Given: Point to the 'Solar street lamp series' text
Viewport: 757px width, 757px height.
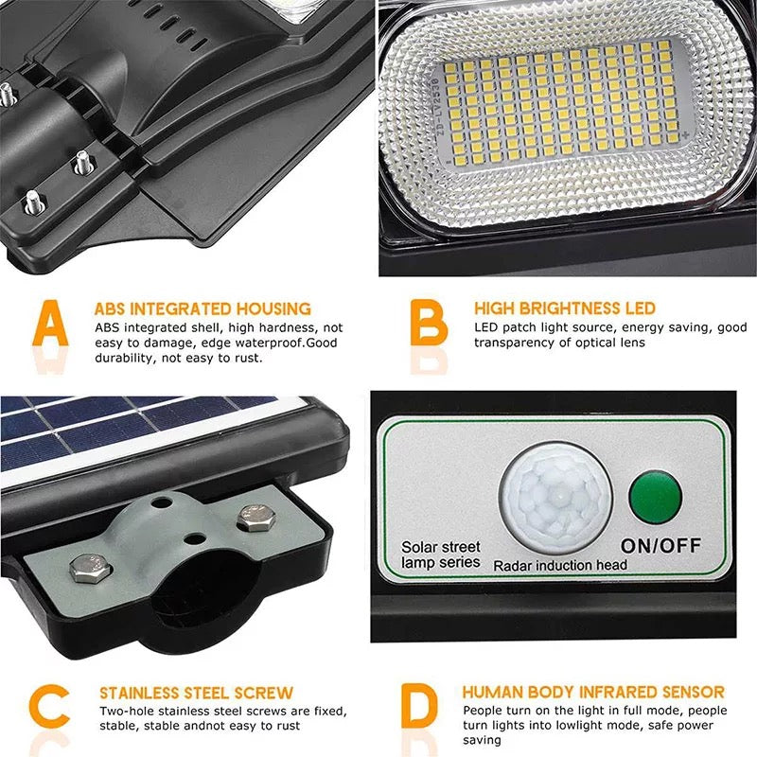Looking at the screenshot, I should tap(441, 555).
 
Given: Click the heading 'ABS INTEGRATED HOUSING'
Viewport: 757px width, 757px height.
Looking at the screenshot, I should tap(202, 308).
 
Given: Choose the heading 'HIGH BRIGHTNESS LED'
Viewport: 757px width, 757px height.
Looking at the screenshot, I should tap(564, 308).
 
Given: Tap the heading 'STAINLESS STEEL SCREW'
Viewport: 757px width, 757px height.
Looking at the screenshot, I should tap(196, 694).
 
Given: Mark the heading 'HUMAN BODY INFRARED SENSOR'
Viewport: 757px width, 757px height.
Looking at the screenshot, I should tap(593, 693).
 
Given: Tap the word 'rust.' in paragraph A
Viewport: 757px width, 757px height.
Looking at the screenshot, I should tap(246, 359).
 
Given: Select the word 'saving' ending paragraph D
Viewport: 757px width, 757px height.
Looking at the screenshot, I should tap(483, 742).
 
